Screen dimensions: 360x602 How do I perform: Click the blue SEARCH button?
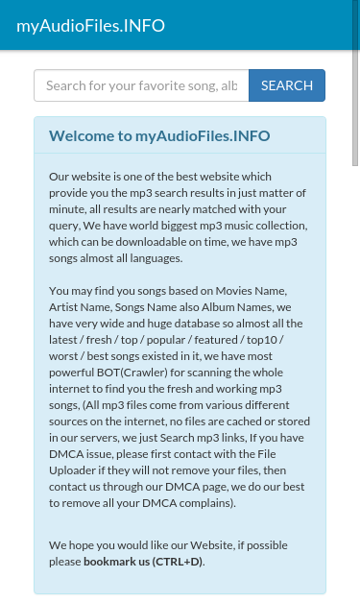tap(287, 85)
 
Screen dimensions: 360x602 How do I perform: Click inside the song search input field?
tap(141, 85)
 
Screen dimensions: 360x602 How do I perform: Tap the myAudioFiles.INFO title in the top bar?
tap(90, 26)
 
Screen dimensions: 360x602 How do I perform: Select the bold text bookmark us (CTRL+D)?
tap(143, 561)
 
